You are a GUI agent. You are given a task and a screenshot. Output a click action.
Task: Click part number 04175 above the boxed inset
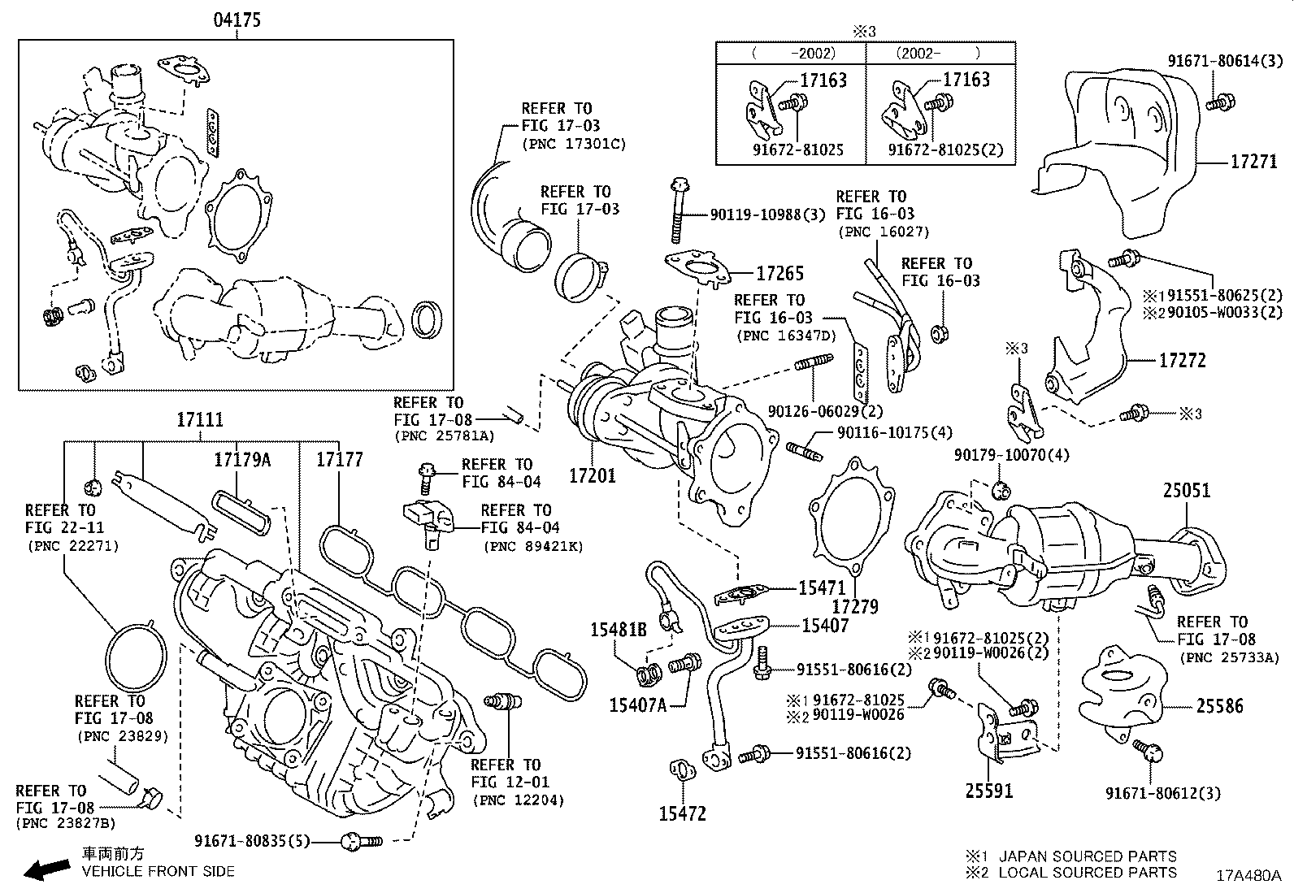tap(237, 20)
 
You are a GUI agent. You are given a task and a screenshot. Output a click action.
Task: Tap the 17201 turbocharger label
tap(592, 475)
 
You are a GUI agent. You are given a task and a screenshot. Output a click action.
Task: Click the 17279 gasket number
tap(855, 605)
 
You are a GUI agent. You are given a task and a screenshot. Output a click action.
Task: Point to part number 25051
tap(1186, 490)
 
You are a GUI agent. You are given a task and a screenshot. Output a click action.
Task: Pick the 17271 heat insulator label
tap(1253, 162)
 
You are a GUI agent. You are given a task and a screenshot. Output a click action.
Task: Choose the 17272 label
tap(1182, 360)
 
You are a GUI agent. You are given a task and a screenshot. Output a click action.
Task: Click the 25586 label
tap(1219, 706)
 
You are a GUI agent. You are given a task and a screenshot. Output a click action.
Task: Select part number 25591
tap(989, 790)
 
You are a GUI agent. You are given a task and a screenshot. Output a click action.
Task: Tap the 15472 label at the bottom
tap(682, 813)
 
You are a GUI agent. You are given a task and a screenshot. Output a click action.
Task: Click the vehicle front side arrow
tap(46, 869)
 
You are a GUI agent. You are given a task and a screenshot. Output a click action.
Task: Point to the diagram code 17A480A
tap(1248, 876)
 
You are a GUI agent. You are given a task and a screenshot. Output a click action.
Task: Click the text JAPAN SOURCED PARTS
tap(1087, 856)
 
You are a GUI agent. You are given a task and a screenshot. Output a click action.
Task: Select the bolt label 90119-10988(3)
tap(767, 215)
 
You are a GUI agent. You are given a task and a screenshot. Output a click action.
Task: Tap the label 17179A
tap(242, 460)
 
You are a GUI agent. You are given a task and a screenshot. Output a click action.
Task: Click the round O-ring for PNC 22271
tap(137, 657)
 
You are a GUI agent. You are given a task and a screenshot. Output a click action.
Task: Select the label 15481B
tap(618, 629)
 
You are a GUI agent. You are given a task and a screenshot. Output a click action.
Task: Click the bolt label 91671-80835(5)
tap(253, 840)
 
